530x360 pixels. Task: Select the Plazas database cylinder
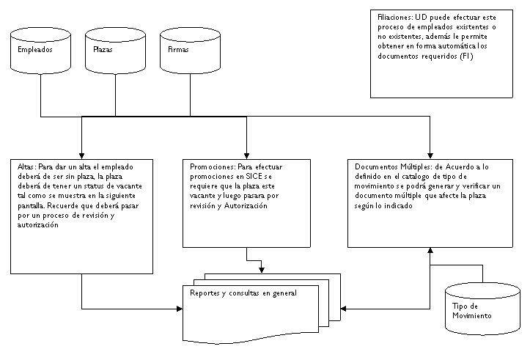coord(116,51)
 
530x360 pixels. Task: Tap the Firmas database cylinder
coord(190,51)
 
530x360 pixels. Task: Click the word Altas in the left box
coord(25,167)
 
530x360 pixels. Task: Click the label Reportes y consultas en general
coord(243,293)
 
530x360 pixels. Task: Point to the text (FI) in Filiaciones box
coord(468,56)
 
